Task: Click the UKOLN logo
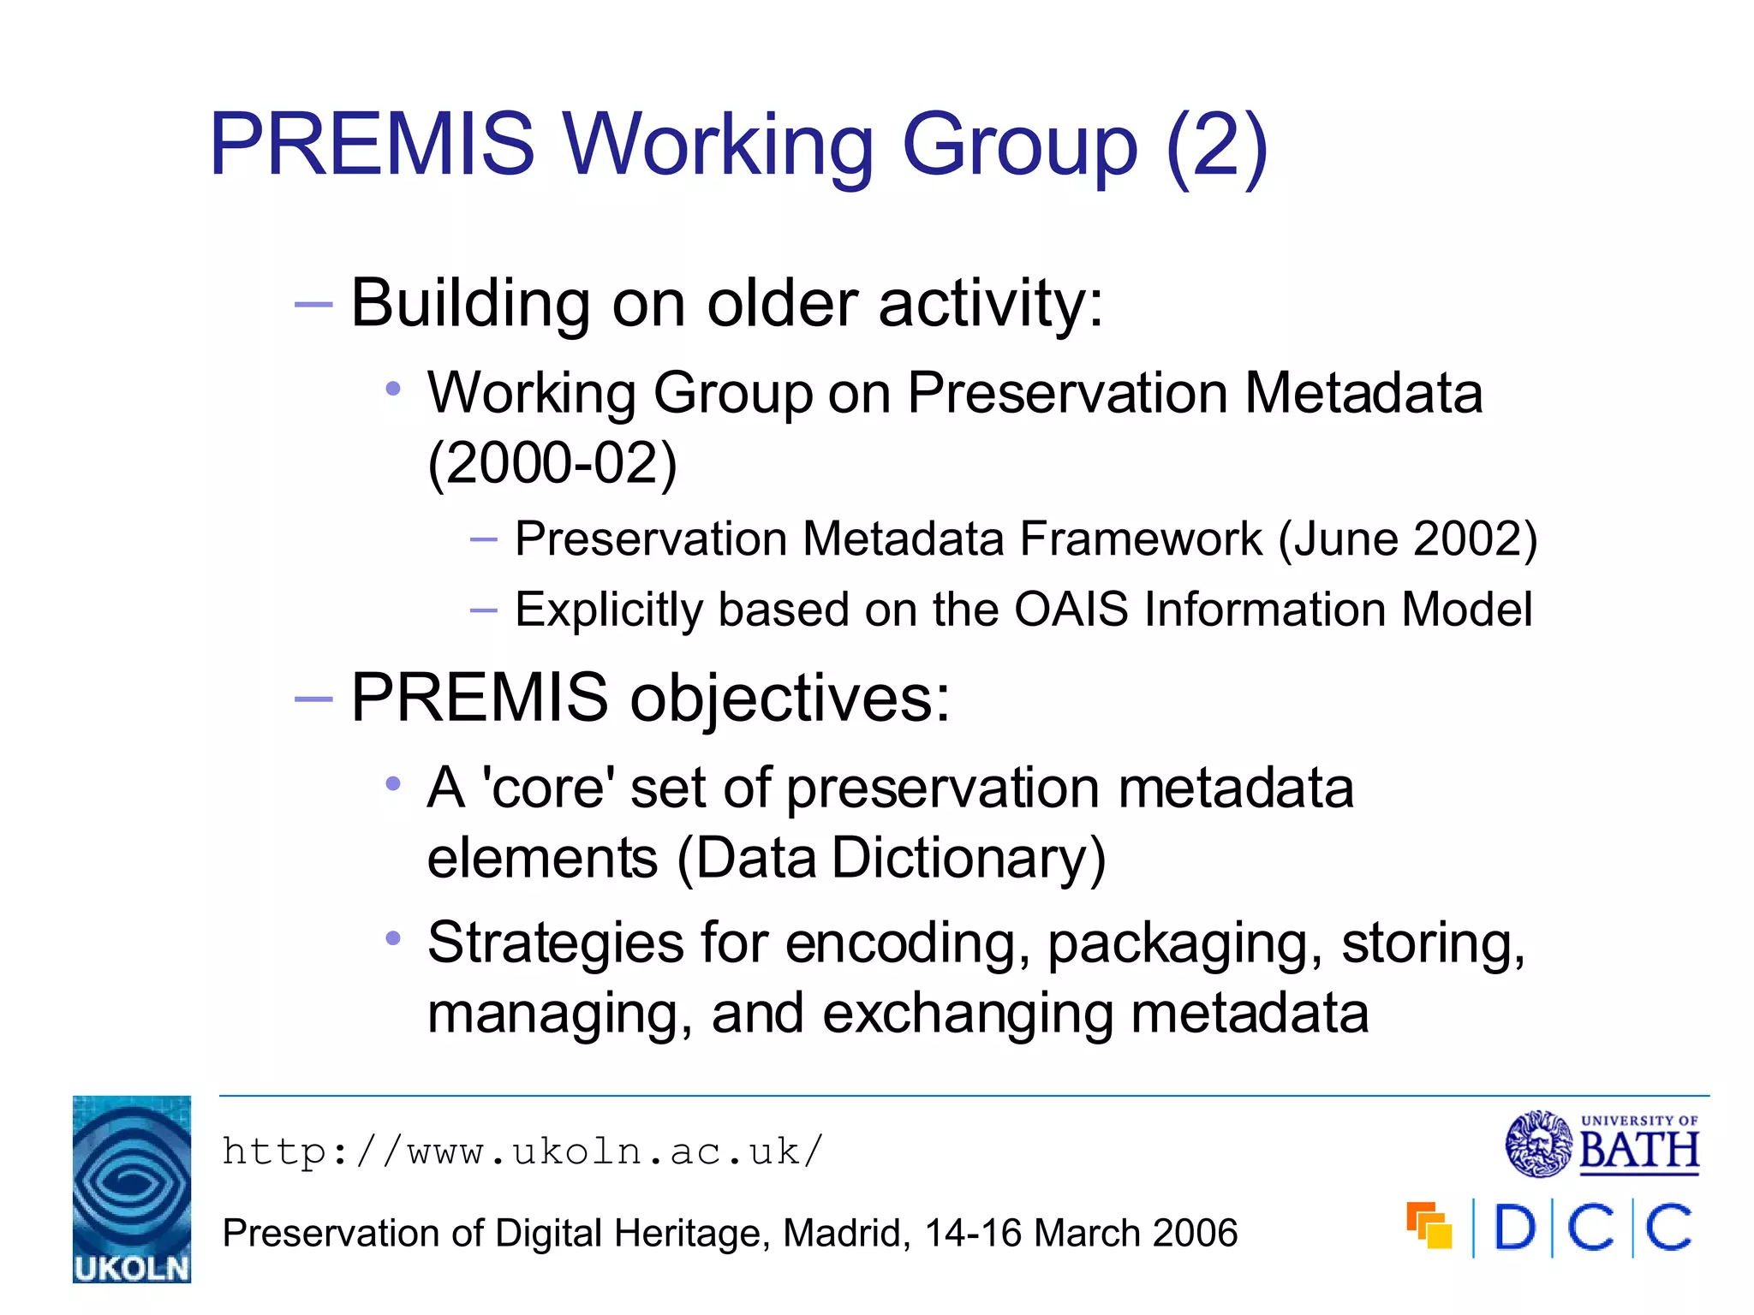132,1188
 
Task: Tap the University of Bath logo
1602,1144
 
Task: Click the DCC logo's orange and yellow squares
1429,1226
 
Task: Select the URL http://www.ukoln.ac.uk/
522,1151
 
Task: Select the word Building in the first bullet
470,303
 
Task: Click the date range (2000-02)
552,463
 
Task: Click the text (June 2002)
1408,539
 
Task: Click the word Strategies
555,943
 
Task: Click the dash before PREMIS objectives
313,699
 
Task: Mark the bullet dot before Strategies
393,938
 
